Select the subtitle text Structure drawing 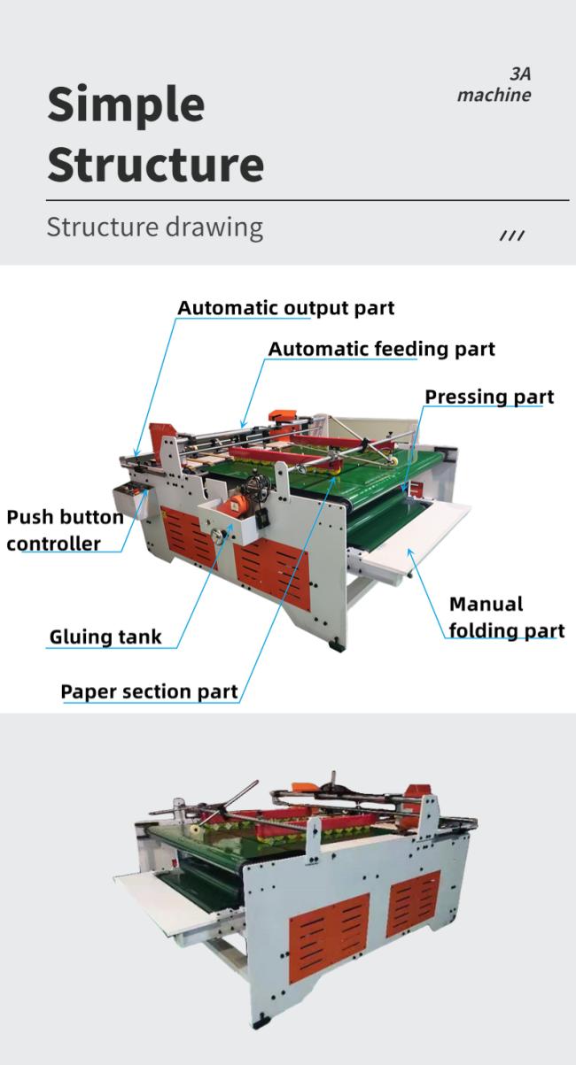[155, 228]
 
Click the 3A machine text [494, 85]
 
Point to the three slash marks [511, 235]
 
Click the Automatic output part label [285, 307]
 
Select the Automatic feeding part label [381, 349]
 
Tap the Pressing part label [489, 397]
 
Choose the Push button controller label [65, 530]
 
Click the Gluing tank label [105, 637]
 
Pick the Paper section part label [149, 691]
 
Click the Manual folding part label [507, 618]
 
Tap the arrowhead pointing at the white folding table [410, 552]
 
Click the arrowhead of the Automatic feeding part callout [244, 424]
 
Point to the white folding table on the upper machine [415, 535]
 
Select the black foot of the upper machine [335, 646]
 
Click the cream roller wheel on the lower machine [195, 829]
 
